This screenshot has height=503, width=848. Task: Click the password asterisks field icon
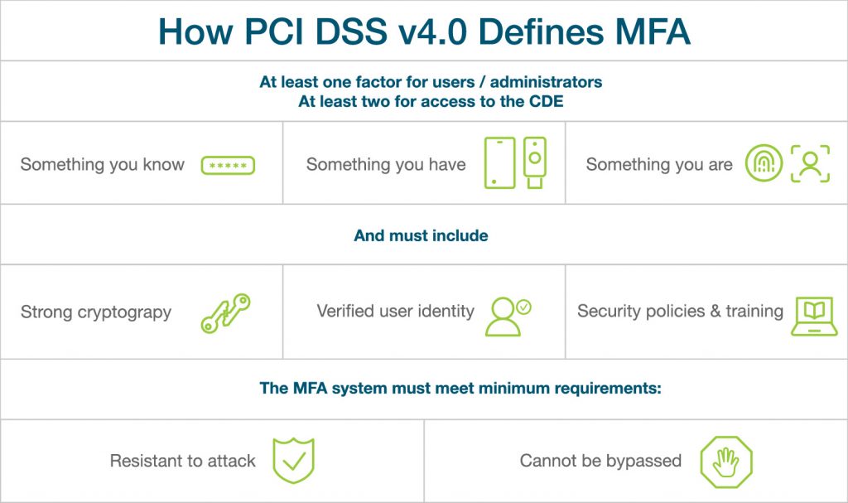click(x=228, y=165)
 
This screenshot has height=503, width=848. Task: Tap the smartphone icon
click(x=499, y=162)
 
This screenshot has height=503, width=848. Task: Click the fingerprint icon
click(x=763, y=164)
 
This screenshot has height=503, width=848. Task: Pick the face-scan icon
click(x=809, y=164)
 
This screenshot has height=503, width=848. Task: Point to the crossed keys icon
click(x=225, y=313)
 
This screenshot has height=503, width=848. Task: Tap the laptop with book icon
click(x=813, y=316)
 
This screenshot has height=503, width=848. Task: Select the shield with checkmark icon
click(x=293, y=461)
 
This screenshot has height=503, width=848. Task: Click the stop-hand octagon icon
click(x=725, y=462)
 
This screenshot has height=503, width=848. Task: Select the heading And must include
click(x=421, y=235)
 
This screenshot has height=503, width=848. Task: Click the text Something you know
click(x=102, y=164)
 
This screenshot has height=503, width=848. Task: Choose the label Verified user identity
click(x=395, y=312)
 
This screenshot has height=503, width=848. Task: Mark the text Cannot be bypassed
click(x=600, y=460)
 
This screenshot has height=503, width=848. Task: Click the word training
click(x=754, y=311)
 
